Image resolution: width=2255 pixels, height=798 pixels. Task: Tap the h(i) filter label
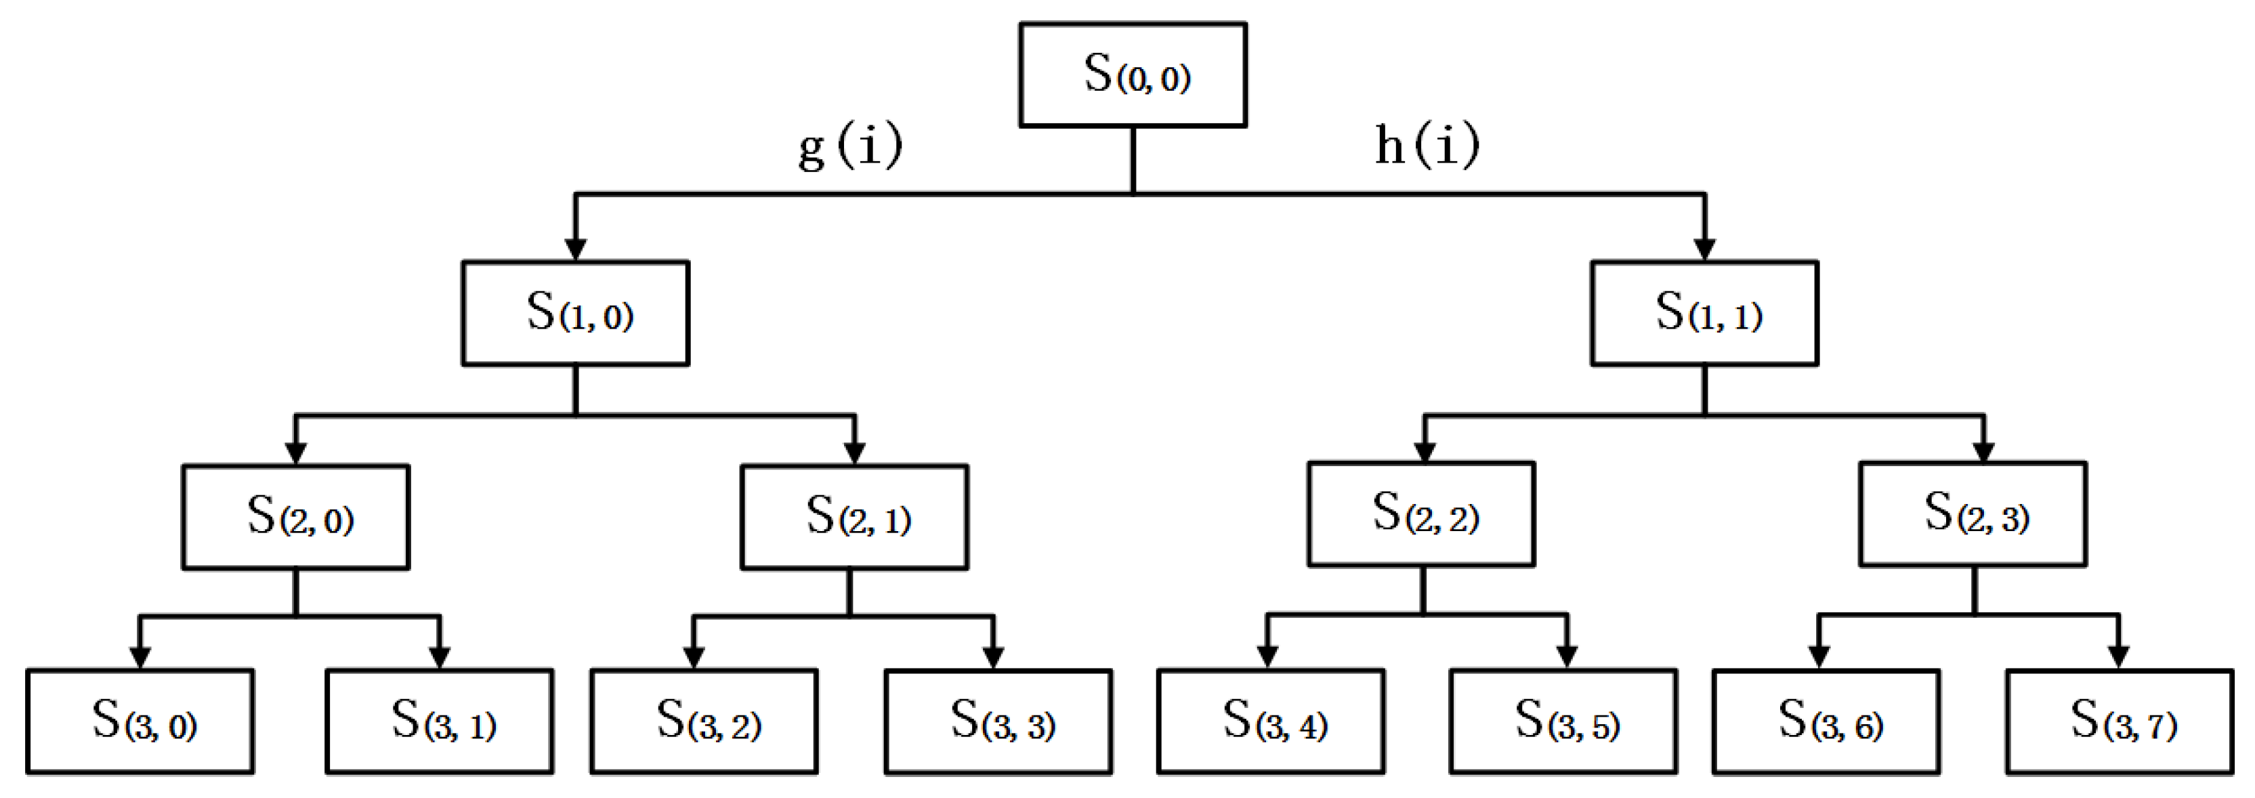pos(1427,144)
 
